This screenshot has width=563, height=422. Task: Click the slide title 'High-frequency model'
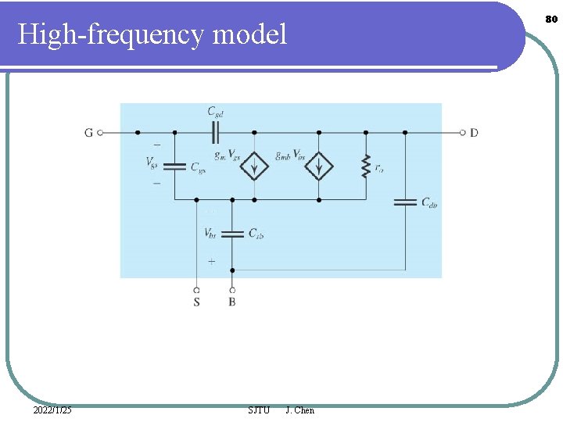click(152, 34)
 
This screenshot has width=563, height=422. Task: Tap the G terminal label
click(88, 133)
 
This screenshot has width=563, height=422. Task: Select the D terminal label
click(474, 133)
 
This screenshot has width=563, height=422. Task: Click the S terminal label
click(196, 302)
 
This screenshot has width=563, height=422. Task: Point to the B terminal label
click(232, 302)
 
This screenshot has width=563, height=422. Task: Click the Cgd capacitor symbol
click(217, 132)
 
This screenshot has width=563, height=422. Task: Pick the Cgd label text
click(216, 113)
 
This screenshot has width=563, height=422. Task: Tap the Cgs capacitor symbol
click(174, 166)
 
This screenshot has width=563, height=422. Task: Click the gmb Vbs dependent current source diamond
click(319, 166)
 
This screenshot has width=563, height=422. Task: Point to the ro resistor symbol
click(365, 166)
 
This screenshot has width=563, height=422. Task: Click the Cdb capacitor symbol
click(405, 202)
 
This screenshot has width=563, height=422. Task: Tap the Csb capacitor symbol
click(232, 233)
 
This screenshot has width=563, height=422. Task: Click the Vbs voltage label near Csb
click(210, 233)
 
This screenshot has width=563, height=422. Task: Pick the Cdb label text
click(429, 203)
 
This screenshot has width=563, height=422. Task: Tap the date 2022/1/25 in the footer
click(53, 410)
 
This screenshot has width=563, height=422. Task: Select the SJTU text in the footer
click(258, 410)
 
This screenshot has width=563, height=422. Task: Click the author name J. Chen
click(300, 410)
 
